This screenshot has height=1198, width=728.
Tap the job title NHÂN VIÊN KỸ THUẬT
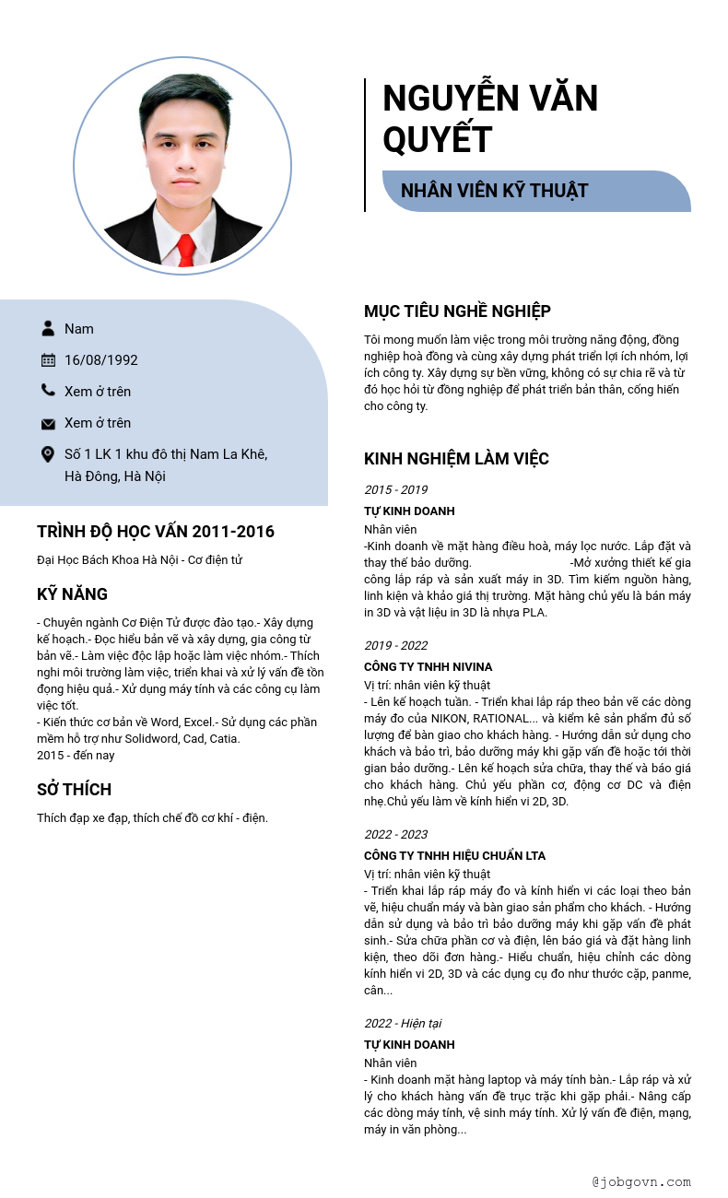click(x=494, y=191)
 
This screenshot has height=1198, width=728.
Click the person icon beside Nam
click(x=48, y=328)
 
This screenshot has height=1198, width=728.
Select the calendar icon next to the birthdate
click(x=48, y=359)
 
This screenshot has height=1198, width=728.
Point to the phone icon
click(x=48, y=391)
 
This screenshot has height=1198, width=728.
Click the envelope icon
click(x=48, y=423)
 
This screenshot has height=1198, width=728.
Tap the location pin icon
click(x=48, y=454)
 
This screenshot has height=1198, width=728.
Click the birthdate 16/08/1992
click(x=101, y=360)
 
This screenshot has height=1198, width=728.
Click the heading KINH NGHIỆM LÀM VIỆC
click(x=456, y=459)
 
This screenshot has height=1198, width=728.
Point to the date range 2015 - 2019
click(x=395, y=490)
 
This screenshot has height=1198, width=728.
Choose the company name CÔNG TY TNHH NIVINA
click(x=428, y=666)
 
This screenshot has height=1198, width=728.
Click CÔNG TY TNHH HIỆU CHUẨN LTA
click(x=454, y=855)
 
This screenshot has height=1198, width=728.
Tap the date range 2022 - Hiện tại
click(x=403, y=1023)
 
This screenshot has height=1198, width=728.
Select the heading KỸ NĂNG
click(x=72, y=594)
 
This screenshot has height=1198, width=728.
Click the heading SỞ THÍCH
click(x=74, y=790)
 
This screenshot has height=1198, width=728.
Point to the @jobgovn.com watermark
click(x=641, y=1181)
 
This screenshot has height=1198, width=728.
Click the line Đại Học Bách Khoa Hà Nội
click(x=139, y=560)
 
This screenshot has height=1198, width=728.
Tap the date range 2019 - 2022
click(x=395, y=646)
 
